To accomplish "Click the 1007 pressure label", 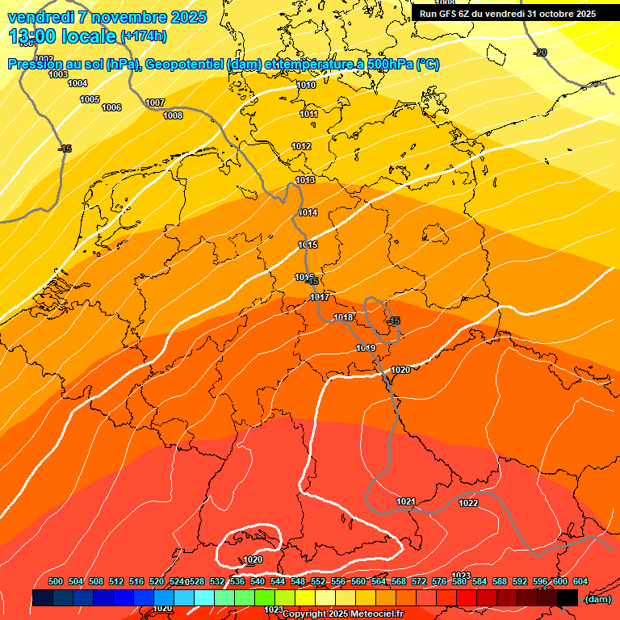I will coord(155,103).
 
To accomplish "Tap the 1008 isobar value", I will coord(173,115).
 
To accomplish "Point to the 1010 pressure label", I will coord(306,85).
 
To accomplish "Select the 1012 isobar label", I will coord(301,146).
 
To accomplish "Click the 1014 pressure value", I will coord(308,212).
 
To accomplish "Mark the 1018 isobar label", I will coord(343,317).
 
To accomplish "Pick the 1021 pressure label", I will coord(406,501).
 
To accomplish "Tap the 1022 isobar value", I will coord(468,503).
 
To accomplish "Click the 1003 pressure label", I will coord(58,74).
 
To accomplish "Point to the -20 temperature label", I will coord(540,52).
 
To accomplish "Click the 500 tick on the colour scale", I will coord(56,582).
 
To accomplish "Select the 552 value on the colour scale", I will coord(318,582).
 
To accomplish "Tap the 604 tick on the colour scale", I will coord(580,582).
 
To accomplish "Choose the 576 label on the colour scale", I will coord(439,582).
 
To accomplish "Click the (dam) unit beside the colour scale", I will coord(597,599).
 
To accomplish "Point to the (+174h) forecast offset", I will coord(143,36).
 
